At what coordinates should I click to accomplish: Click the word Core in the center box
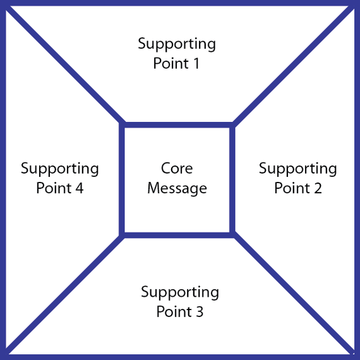tap(177, 168)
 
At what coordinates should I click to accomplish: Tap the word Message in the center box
tap(177, 189)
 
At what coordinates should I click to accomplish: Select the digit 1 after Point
tap(196, 63)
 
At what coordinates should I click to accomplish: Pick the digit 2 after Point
tap(317, 188)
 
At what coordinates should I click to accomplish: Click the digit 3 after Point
tap(200, 312)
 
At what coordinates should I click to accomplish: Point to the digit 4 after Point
tap(79, 188)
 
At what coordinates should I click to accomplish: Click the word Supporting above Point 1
tap(177, 44)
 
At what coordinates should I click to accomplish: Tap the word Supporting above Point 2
tap(297, 169)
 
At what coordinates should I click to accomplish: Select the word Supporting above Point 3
tap(180, 292)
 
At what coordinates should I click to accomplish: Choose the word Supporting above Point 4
tap(60, 169)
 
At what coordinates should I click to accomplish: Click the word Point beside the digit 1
tap(171, 63)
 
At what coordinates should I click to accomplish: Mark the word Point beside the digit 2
tap(292, 188)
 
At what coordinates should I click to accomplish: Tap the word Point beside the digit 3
tap(174, 312)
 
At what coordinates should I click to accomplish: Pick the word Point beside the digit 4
tap(54, 188)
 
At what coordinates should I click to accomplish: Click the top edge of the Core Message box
tap(177, 125)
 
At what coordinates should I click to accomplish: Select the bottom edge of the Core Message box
tap(177, 235)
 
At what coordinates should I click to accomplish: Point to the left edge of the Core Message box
tap(122, 180)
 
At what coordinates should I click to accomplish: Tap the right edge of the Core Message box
tap(232, 180)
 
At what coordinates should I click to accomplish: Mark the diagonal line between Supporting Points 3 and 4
tap(64, 294)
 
